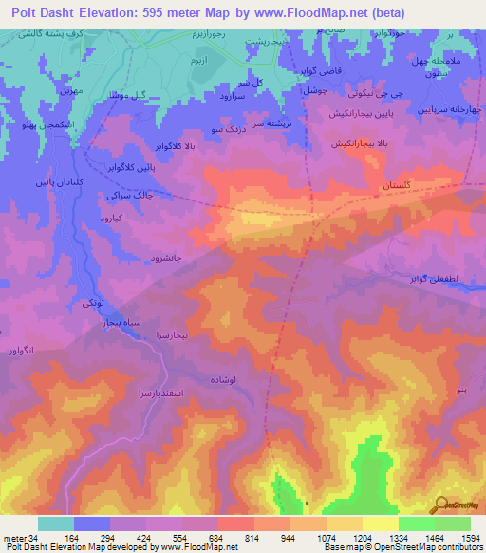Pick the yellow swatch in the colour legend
coord(381,524)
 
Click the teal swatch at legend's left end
coord(56,524)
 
